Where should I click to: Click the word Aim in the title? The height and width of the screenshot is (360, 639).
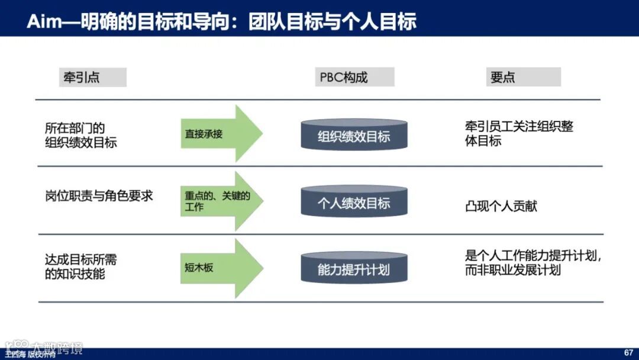[43, 21]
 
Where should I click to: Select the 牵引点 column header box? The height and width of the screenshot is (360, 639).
[92, 78]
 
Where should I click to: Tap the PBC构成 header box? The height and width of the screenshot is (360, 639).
[354, 78]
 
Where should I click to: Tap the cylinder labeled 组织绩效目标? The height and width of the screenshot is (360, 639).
[354, 136]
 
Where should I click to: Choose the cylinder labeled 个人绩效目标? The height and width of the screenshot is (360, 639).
[354, 202]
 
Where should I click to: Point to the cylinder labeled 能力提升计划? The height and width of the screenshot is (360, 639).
[354, 269]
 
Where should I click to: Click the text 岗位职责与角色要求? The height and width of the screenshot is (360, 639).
[99, 196]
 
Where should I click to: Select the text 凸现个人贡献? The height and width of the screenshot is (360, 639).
[501, 207]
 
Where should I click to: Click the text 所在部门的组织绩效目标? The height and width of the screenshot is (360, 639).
[81, 135]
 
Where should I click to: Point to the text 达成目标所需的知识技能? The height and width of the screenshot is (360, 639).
[81, 266]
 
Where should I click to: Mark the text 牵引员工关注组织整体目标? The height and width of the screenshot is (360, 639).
[519, 134]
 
